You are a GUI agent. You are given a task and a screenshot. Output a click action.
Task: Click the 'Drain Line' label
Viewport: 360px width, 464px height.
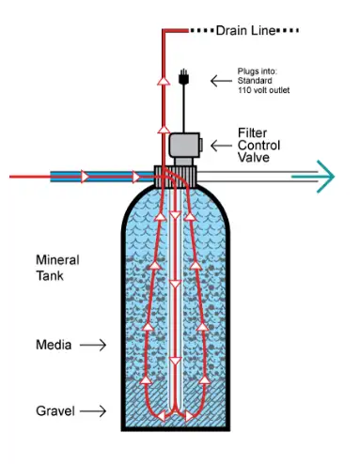tap(245, 31)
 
